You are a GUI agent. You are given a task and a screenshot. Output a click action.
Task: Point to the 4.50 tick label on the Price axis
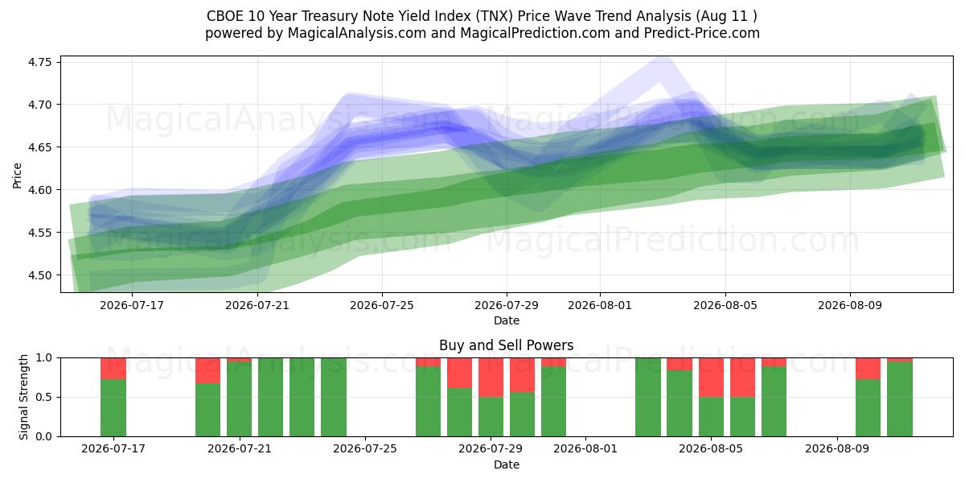(39, 275)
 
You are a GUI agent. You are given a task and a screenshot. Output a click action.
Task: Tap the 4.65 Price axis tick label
(39, 147)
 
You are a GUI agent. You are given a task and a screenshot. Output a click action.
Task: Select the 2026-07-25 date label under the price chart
(382, 305)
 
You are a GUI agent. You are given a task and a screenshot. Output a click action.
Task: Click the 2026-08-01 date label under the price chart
(600, 305)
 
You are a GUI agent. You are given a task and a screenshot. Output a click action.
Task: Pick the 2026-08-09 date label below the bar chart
(837, 448)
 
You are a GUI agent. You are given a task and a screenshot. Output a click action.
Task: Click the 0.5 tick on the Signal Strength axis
(43, 397)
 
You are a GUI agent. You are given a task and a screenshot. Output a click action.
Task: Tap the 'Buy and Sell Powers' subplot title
(506, 345)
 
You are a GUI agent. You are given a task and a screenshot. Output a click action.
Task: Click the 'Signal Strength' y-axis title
(23, 397)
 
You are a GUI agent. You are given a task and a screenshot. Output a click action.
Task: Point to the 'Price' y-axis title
(17, 175)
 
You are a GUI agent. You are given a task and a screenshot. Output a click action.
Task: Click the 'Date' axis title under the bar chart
(506, 464)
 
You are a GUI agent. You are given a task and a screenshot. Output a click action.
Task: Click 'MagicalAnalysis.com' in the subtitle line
(357, 33)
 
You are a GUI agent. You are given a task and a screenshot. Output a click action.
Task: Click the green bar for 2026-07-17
(113, 408)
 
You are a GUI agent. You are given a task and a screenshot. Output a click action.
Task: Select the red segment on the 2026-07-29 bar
(491, 378)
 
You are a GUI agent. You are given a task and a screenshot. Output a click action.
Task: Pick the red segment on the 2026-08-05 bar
(711, 378)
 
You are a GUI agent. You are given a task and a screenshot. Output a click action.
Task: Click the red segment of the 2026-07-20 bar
(207, 370)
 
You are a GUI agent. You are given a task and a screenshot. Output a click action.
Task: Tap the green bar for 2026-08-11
(900, 399)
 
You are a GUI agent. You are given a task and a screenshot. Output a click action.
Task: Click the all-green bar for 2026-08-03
(648, 397)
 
